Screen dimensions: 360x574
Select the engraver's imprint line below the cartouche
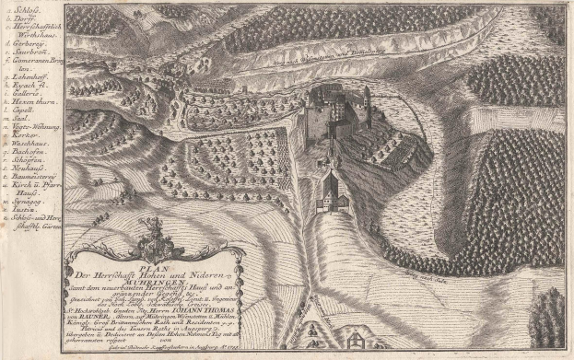(151, 353)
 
